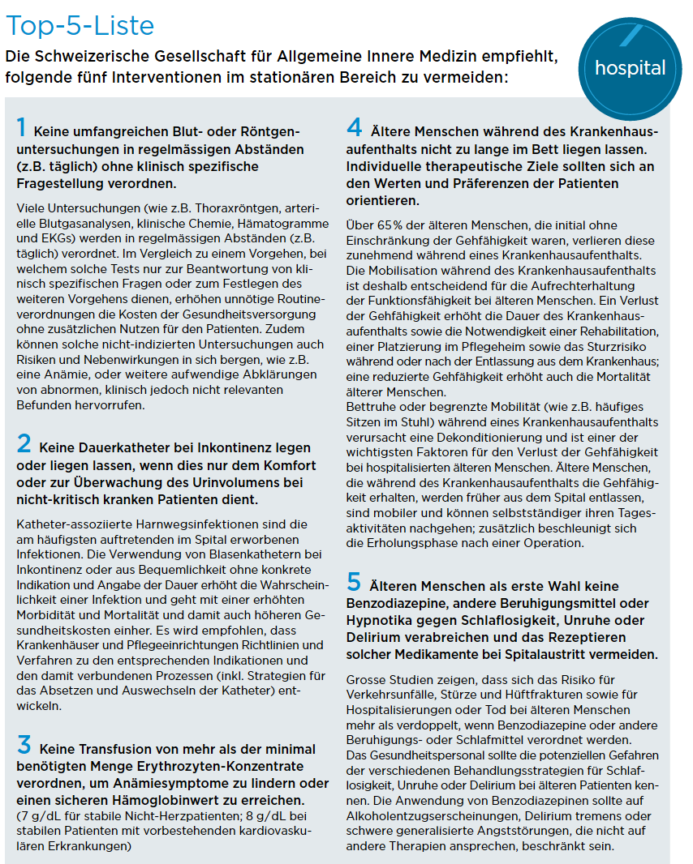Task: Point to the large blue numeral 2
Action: pyautogui.click(x=24, y=443)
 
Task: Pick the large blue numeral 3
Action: pyautogui.click(x=24, y=744)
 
